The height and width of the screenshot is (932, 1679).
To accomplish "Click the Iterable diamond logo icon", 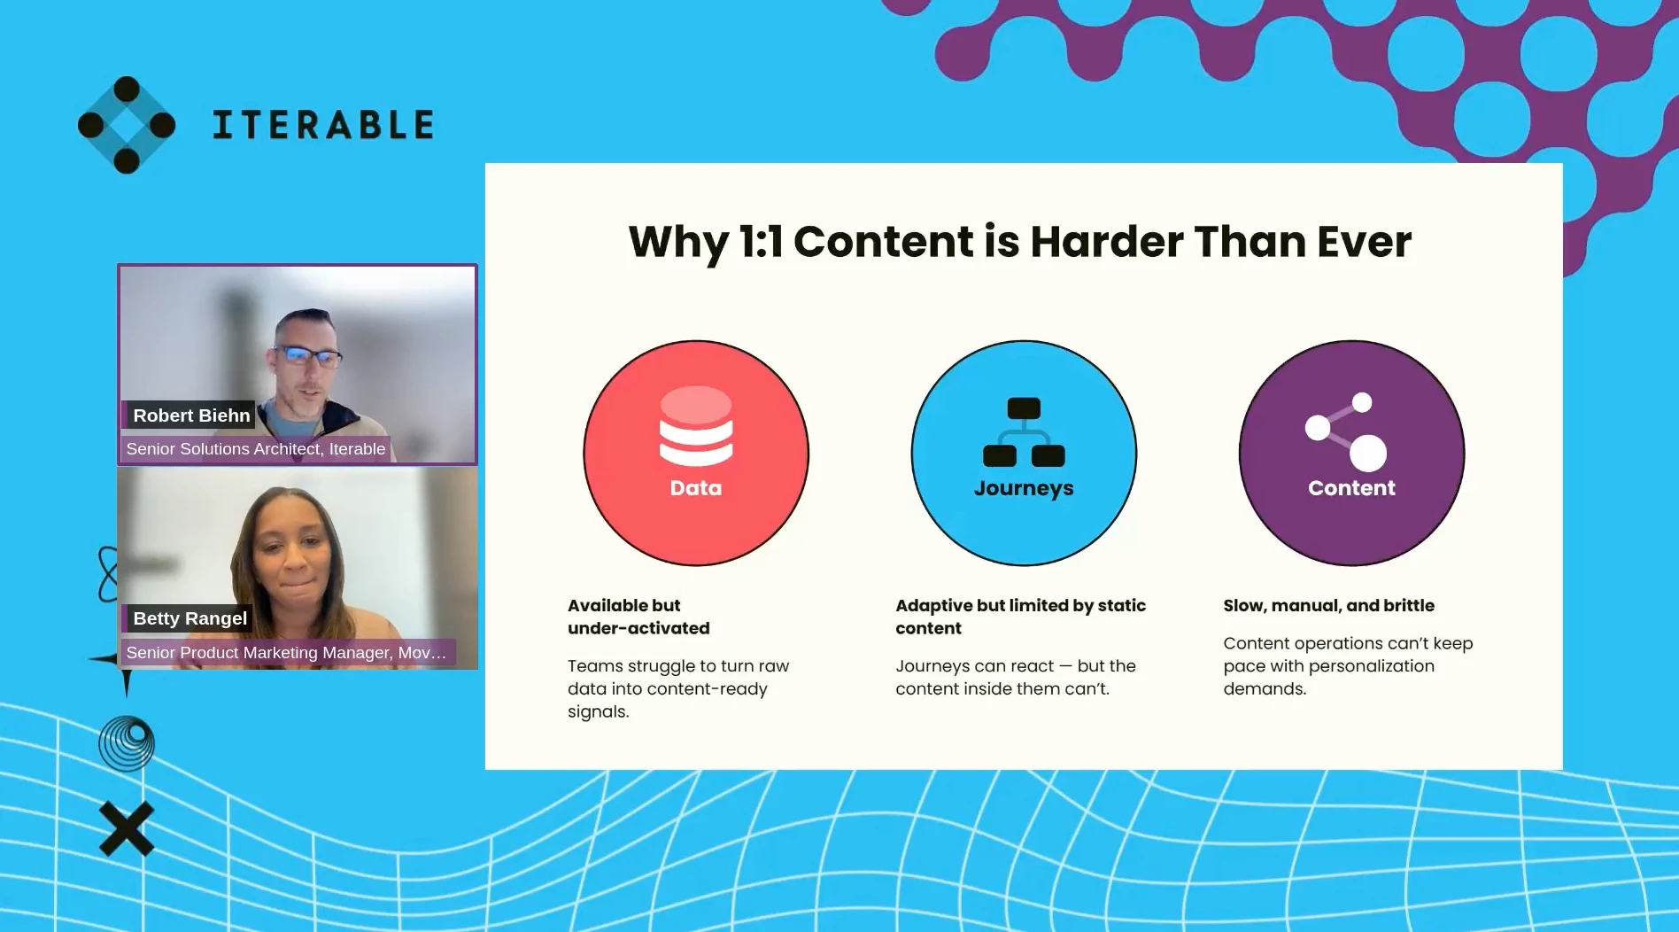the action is point(127,125).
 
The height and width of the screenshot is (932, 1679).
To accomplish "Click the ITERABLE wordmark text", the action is point(323,125).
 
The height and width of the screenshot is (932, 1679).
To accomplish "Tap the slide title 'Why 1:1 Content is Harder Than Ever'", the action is point(1020,242).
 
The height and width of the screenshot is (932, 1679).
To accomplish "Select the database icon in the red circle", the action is point(696,425).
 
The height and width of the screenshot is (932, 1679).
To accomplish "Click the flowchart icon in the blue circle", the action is point(1024,432).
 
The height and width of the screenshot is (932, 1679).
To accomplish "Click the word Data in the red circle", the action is point(696,488).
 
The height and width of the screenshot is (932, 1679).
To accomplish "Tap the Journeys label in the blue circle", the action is point(1024,489).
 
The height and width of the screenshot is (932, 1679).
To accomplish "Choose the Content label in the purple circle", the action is point(1351,488).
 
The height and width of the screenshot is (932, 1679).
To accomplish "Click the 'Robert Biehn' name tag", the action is point(191,416).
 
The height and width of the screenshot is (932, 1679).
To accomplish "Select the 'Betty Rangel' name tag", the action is point(190,618).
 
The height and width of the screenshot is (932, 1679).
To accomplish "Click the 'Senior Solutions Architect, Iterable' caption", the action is point(256,449).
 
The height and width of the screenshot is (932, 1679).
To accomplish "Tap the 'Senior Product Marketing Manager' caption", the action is point(286,653).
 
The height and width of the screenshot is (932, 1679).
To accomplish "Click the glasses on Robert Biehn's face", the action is point(306,356).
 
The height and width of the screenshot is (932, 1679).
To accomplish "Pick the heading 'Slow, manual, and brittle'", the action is point(1328,606).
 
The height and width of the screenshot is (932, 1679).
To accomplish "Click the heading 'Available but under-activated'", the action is point(638,617).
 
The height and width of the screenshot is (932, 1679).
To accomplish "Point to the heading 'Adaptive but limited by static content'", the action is point(1020,617).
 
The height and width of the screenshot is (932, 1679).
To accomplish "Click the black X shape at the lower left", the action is point(127,829).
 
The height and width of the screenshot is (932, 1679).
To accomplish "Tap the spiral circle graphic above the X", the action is point(127,743).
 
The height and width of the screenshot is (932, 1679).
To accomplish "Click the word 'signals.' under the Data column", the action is point(599,712).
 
